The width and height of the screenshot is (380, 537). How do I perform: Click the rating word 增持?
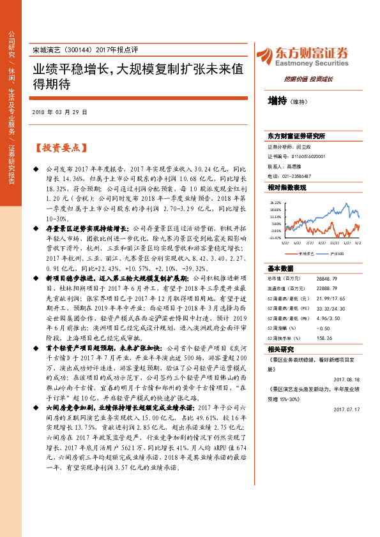277,100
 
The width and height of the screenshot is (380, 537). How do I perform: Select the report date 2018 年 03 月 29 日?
59,112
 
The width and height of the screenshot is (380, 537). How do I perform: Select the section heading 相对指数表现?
287,188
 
